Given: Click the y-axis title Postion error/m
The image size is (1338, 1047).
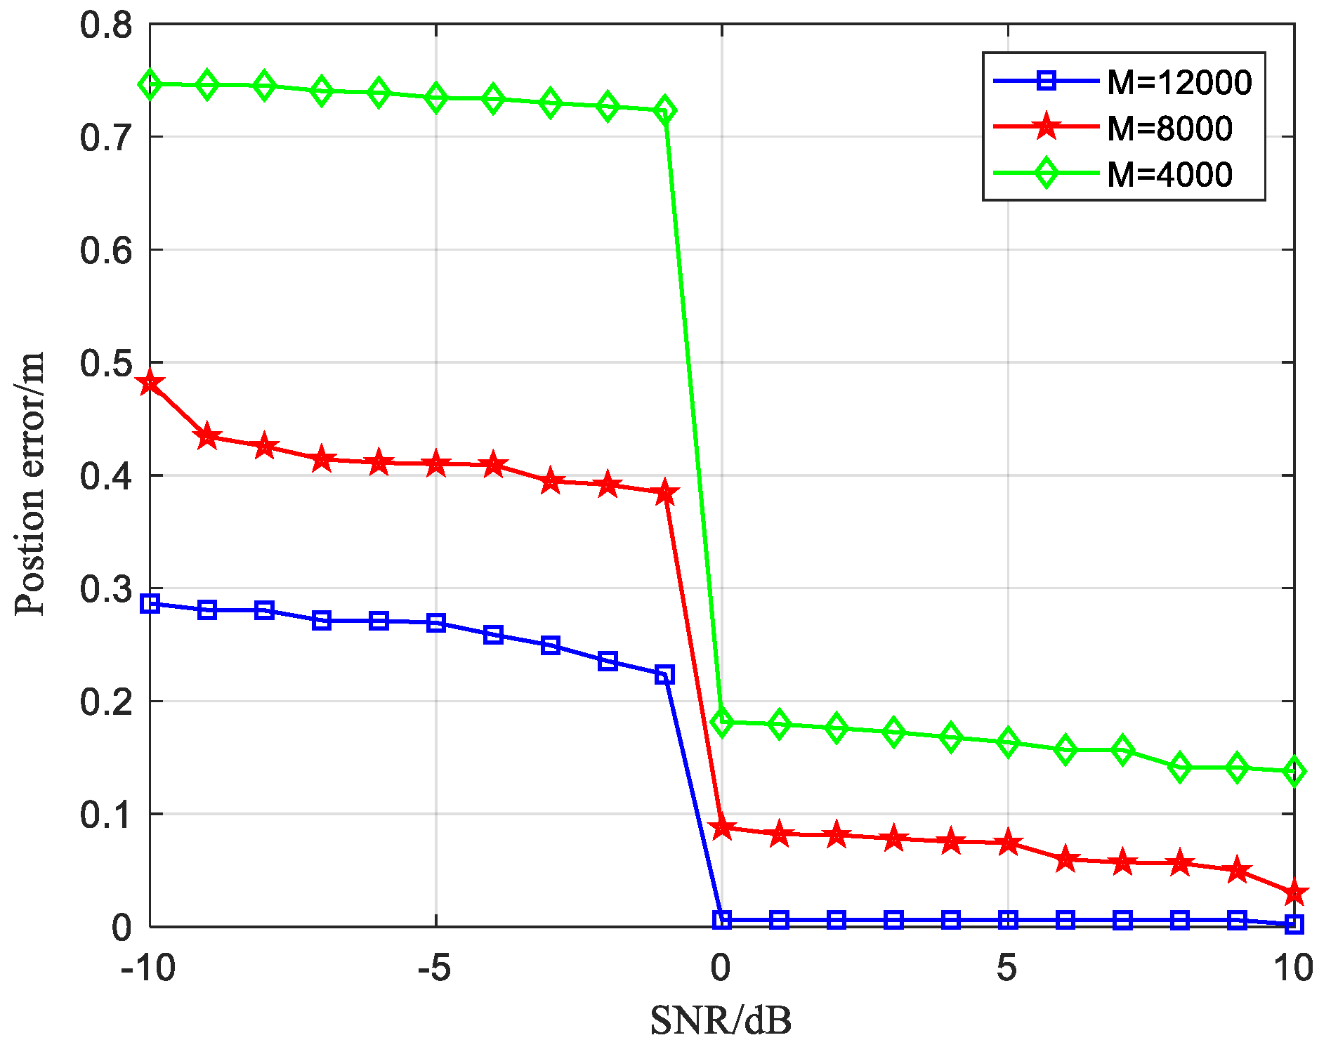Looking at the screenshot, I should click(x=30, y=483).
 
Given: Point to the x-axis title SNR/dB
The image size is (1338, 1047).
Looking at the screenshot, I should click(x=721, y=1020).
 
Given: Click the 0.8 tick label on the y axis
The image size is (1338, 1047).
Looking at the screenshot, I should click(x=106, y=25).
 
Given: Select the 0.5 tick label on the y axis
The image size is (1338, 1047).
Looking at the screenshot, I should click(x=106, y=364).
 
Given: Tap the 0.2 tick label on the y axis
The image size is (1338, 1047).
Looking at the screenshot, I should click(x=106, y=702).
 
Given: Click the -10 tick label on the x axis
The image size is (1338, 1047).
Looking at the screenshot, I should click(x=147, y=968).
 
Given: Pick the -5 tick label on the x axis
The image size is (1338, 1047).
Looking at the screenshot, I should click(x=434, y=968).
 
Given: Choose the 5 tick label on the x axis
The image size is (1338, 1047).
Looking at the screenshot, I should click(x=1007, y=968).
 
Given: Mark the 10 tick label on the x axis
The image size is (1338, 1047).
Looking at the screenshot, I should click(x=1293, y=968).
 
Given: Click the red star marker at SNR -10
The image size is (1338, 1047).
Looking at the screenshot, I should click(x=150, y=383).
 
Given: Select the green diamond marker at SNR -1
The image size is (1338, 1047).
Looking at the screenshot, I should click(x=664, y=110).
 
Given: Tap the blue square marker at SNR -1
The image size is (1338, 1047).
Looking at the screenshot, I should click(x=664, y=676).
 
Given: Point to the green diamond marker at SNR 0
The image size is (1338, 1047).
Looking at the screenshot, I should click(x=722, y=722).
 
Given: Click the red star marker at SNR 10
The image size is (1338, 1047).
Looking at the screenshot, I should click(x=1294, y=894).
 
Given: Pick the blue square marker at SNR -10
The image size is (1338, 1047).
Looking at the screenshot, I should click(x=150, y=604).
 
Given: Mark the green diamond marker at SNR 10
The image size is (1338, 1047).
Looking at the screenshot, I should click(x=1294, y=772).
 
